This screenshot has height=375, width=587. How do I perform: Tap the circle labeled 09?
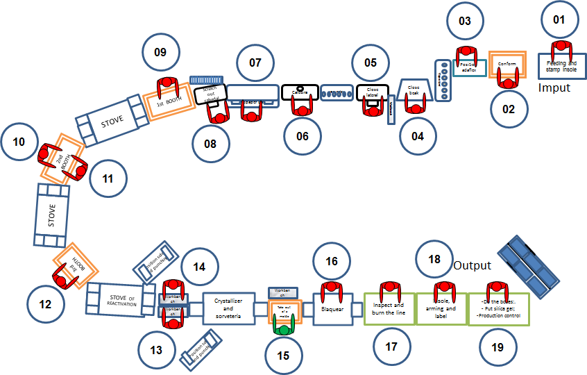tap(160, 53)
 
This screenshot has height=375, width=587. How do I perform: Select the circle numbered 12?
tap(45, 303)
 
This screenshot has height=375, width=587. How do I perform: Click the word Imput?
tap(554, 88)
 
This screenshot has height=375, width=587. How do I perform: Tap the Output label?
tap(472, 266)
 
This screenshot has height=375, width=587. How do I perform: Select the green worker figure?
tap(284, 324)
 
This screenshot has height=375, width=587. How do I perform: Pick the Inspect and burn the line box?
tap(389, 308)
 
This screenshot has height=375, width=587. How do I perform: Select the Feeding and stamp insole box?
tap(563, 67)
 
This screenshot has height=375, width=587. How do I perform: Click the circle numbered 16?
tap(332, 261)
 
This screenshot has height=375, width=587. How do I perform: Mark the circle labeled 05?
tap(371, 62)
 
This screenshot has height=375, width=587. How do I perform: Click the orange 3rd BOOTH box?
tap(76, 267)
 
